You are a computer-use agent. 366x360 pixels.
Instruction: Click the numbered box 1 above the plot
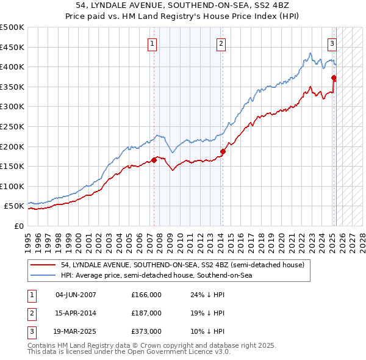point(151,43)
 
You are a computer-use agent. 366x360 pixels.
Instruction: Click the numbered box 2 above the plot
point(220,43)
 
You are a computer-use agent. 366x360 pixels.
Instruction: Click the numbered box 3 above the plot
point(332,43)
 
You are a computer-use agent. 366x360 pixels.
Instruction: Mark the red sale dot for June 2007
point(154,160)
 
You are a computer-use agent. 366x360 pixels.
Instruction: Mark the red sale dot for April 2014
point(223,151)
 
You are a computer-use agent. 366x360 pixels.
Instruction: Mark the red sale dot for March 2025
point(334,77)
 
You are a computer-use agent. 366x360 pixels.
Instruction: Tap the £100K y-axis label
point(13,186)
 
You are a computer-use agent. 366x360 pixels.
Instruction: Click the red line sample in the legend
point(43,265)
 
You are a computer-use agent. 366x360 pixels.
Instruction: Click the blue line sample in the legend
point(43,275)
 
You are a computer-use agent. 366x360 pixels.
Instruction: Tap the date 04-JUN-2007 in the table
point(76,295)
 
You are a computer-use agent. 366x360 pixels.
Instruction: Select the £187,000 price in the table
point(146,313)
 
